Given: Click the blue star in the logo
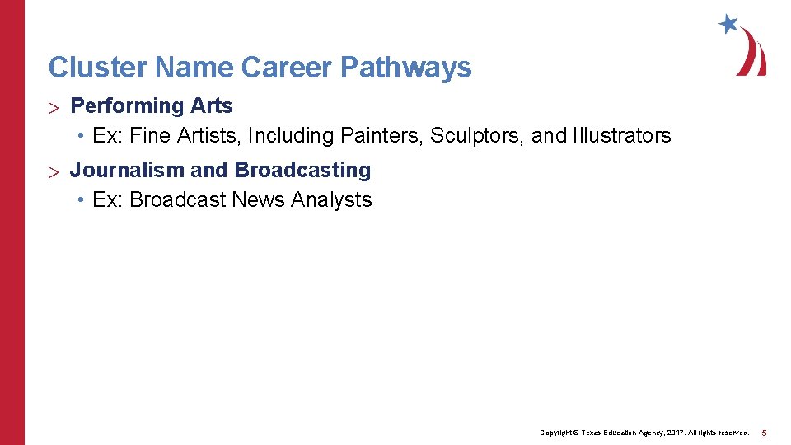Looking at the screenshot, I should [728, 24].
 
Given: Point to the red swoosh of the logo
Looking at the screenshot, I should [753, 54].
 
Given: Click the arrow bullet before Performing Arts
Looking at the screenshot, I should [55, 107].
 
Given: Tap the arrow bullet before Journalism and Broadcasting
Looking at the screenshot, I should [55, 171].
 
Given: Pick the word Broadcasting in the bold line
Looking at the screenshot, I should [302, 171].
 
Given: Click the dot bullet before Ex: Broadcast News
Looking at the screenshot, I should [83, 199].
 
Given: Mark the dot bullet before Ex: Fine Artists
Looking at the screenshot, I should [83, 135].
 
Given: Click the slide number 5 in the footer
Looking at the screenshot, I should [764, 433].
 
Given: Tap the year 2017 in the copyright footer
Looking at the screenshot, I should [674, 433].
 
